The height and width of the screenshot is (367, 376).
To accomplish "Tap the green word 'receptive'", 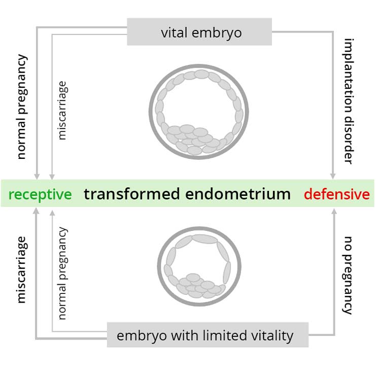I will [40, 194].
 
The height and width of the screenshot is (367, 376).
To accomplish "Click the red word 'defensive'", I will [336, 194].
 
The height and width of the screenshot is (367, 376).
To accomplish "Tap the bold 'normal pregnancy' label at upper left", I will [21, 106].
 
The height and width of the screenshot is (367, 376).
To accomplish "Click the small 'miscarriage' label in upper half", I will [62, 110].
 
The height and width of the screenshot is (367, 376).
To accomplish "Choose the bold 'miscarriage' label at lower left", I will [21, 269].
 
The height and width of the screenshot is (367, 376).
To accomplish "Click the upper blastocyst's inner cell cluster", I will [195, 138].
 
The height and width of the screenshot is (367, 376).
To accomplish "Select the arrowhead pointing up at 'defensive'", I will [333, 212].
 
